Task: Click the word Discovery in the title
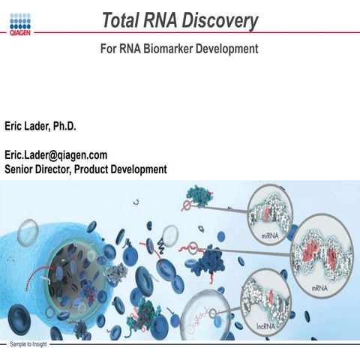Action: (x=222, y=22)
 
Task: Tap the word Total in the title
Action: (x=123, y=22)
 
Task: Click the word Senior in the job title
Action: (x=22, y=169)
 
